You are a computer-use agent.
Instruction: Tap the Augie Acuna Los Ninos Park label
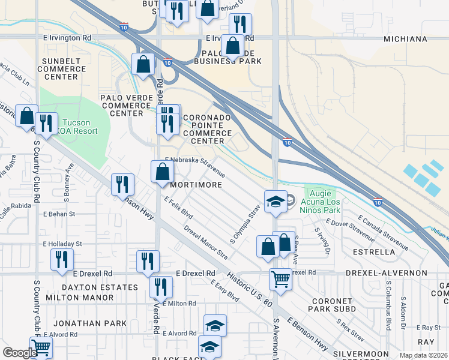(x=324, y=201)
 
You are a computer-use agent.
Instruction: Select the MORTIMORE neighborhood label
(x=196, y=185)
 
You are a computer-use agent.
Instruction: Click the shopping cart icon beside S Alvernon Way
(x=280, y=279)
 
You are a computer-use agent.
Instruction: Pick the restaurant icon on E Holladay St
(x=62, y=259)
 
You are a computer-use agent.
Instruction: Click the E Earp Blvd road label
(x=225, y=290)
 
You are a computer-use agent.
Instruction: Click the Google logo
(x=20, y=353)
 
